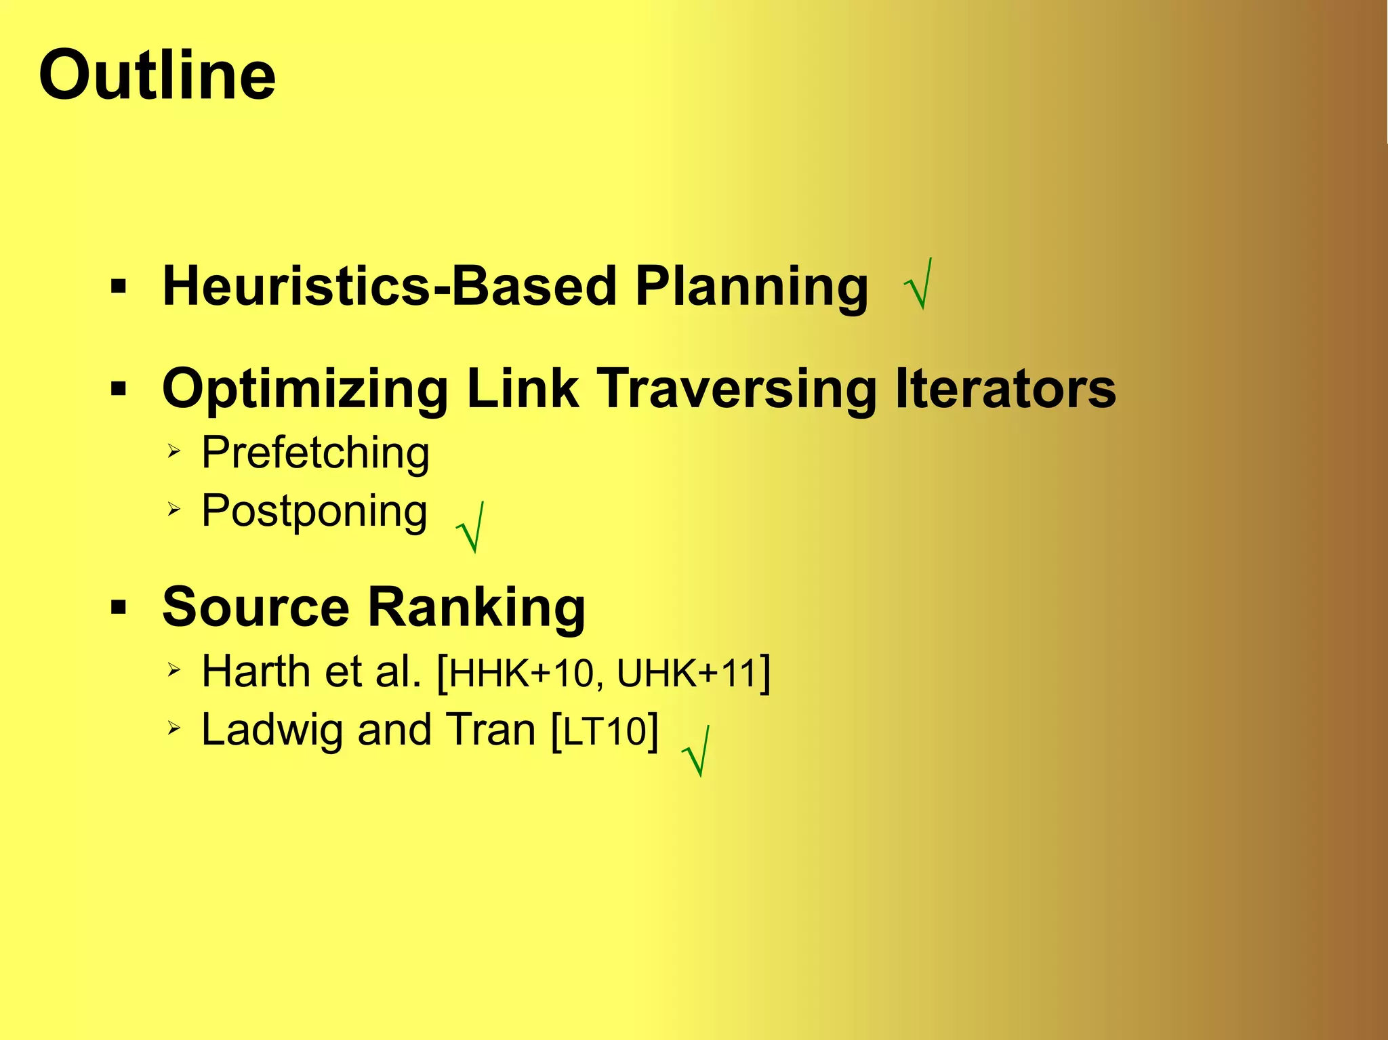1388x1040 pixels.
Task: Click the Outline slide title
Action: pos(157,75)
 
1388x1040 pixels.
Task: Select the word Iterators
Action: pos(1005,389)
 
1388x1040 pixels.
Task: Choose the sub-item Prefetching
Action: pos(315,453)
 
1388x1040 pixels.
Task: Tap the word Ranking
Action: pos(476,607)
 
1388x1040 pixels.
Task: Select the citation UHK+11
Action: pos(686,673)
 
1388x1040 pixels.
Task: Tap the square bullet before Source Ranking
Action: pos(119,608)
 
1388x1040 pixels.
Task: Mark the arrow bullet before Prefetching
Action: pos(174,451)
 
